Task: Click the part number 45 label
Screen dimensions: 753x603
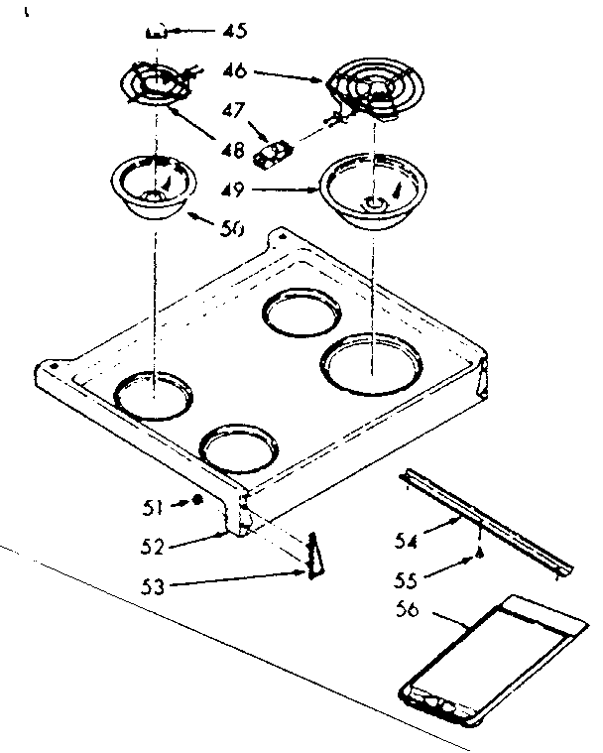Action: (234, 31)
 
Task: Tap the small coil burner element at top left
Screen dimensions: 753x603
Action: (154, 82)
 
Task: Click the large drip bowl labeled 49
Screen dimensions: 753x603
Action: (366, 190)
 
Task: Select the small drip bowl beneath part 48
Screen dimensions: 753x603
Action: (153, 186)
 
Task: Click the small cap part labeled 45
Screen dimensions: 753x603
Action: (154, 32)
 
